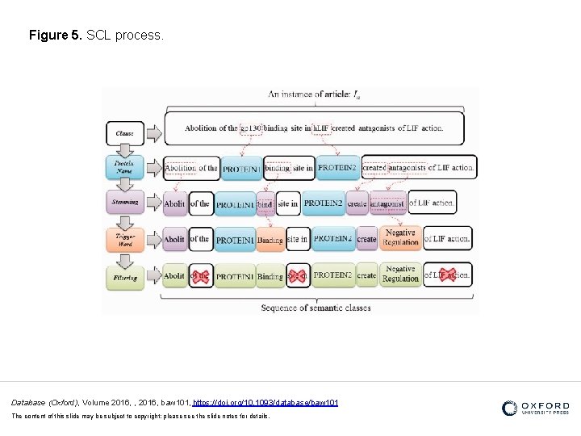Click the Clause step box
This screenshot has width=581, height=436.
124,132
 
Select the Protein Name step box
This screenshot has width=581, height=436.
124,167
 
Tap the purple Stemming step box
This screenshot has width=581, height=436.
124,203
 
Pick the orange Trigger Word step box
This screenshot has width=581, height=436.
124,238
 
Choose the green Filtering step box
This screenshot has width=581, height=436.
124,276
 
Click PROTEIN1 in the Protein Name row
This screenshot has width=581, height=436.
242,169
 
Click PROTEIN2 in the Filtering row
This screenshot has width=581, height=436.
332,275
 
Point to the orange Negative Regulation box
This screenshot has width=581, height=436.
400,238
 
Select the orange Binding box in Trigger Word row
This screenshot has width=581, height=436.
270,240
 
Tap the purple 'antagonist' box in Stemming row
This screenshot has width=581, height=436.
387,204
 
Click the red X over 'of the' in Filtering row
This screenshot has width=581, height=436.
200,275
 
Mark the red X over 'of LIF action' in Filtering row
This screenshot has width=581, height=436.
447,275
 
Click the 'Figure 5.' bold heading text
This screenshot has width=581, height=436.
55,36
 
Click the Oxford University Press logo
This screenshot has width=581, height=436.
535,409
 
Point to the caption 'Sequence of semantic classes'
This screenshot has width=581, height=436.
316,308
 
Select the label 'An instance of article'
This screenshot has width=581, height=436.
315,94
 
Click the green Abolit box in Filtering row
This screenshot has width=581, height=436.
174,275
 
